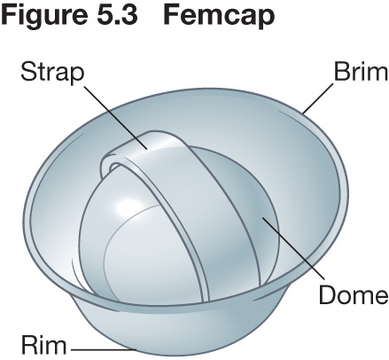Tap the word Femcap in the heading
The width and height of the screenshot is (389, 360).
[x=219, y=15]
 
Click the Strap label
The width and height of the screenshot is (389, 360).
[x=52, y=73]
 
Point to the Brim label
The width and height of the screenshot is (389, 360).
[x=361, y=72]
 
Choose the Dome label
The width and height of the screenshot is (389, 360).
[x=354, y=294]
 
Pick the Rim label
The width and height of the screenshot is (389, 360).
[x=43, y=345]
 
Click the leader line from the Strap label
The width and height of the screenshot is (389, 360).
[x=115, y=118]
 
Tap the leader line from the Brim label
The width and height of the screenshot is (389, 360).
[x=318, y=98]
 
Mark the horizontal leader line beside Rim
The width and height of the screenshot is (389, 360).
[x=104, y=350]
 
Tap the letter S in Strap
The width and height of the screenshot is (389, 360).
[x=29, y=72]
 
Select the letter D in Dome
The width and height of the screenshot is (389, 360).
[x=328, y=294]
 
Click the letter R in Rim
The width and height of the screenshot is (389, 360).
[x=29, y=345]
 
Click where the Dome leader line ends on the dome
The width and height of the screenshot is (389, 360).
[x=262, y=218]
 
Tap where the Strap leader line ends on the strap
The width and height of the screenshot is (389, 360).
[x=147, y=149]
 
